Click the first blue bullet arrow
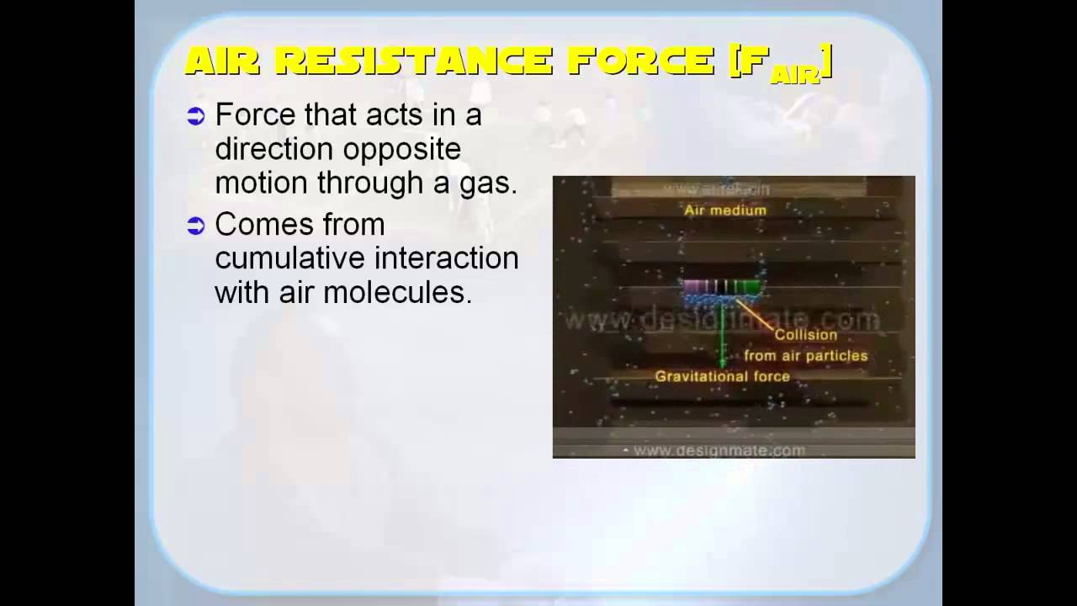[196, 117]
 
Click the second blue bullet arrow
[196, 226]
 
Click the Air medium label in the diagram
[725, 210]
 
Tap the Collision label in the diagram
[806, 335]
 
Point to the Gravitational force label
[722, 376]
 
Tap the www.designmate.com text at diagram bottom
[719, 450]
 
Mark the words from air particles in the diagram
[805, 356]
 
